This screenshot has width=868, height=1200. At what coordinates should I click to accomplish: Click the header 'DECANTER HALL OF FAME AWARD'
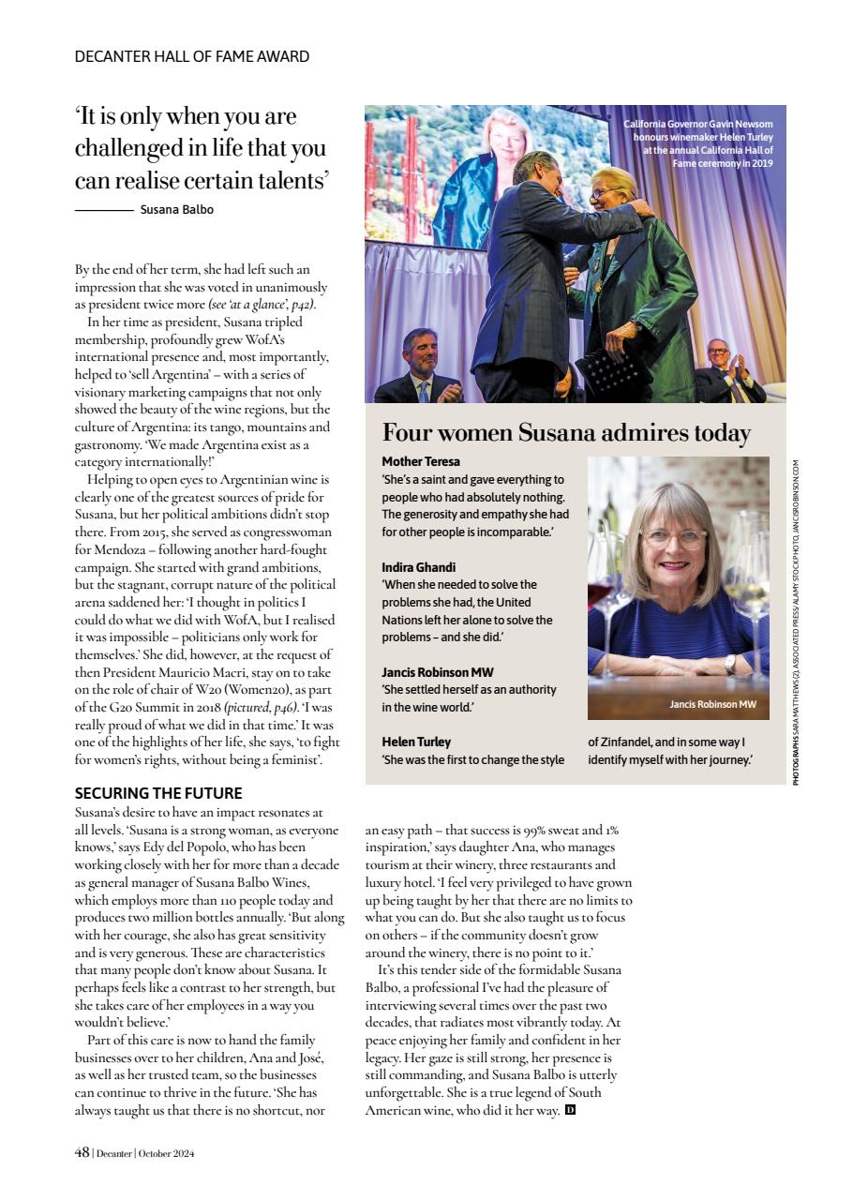[x=192, y=56]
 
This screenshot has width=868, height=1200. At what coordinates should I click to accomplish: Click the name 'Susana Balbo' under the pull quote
[x=176, y=210]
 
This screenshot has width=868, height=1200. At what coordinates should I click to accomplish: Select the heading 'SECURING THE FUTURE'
[x=158, y=793]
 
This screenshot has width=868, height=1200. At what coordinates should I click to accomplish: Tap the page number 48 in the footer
[x=82, y=1153]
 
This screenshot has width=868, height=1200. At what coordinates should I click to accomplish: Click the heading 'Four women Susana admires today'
[x=566, y=433]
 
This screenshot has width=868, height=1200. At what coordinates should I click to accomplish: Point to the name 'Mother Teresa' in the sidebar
[x=421, y=462]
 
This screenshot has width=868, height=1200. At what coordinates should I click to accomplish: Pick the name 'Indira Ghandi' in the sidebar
[x=418, y=567]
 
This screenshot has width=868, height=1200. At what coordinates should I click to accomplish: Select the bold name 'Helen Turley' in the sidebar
[x=416, y=742]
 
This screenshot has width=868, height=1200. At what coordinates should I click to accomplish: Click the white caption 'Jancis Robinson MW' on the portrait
[x=712, y=704]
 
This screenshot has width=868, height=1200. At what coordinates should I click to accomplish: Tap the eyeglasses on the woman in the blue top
[x=674, y=538]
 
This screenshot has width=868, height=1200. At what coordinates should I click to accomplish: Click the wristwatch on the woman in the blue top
[x=729, y=664]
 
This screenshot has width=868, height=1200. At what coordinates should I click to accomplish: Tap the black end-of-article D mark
[x=570, y=1110]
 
